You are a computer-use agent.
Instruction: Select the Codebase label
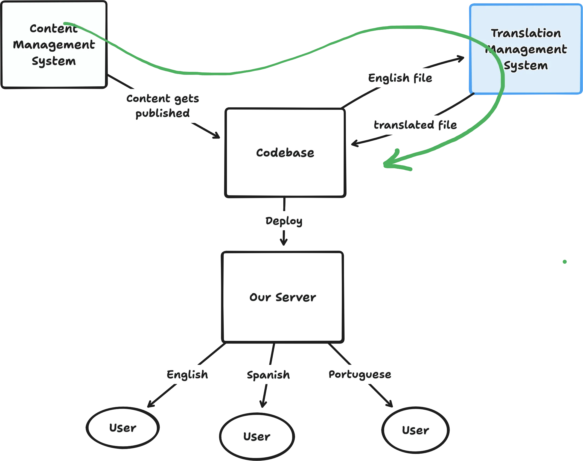click(x=285, y=153)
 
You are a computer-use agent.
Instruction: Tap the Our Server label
click(x=282, y=297)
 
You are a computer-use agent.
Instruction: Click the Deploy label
click(x=284, y=221)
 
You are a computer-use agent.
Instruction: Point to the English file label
click(x=400, y=78)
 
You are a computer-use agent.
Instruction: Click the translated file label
click(x=415, y=125)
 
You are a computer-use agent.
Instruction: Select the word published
click(x=162, y=113)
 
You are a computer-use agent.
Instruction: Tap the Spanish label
click(x=268, y=375)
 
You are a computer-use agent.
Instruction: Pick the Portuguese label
click(x=360, y=374)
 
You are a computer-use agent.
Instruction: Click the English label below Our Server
click(x=188, y=375)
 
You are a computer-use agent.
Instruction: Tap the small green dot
click(x=565, y=262)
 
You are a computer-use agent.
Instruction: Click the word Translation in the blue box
click(x=526, y=33)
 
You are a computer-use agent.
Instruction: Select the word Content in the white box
click(x=54, y=29)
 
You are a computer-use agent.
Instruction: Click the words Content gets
click(x=163, y=99)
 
